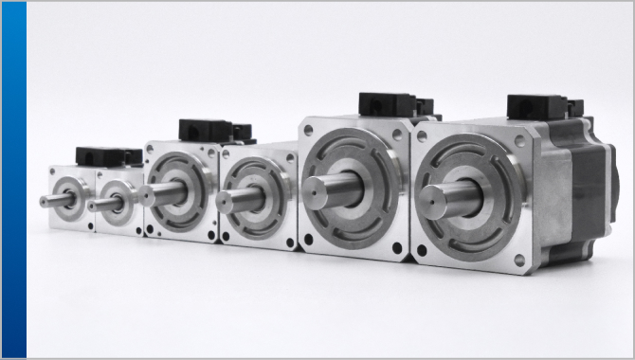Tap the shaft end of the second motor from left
(x=92, y=205)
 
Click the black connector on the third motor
(x=205, y=129)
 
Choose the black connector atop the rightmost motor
(x=536, y=106)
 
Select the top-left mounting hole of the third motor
(x=152, y=151)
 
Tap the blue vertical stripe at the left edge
(x=13, y=180)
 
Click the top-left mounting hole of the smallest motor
(x=53, y=172)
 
